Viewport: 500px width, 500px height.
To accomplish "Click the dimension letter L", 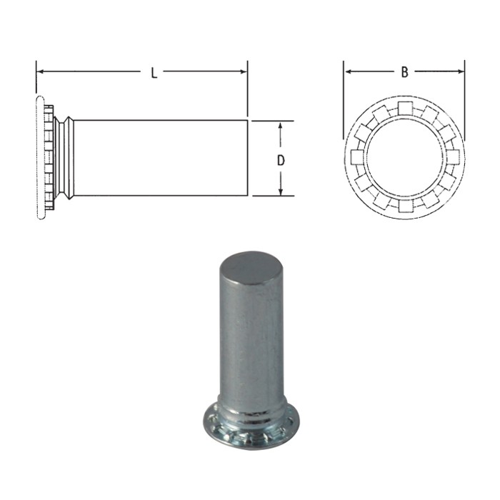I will pyautogui.click(x=154, y=72).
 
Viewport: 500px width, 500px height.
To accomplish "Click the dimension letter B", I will pyautogui.click(x=404, y=72).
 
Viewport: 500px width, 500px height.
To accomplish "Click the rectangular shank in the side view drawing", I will pyautogui.click(x=161, y=158).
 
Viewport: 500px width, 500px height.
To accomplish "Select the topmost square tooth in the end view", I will pyautogui.click(x=405, y=108).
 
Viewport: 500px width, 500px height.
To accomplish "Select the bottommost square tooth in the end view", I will pyautogui.click(x=405, y=208).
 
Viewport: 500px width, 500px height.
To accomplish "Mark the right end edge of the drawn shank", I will pyautogui.click(x=247, y=158).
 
